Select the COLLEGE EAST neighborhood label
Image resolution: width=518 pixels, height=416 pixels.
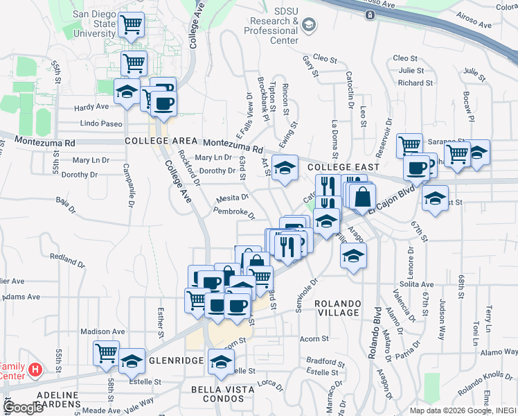343,167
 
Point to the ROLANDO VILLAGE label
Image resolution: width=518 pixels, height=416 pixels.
337,309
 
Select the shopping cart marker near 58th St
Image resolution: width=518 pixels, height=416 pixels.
107,352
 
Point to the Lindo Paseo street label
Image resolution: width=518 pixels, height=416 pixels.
101,123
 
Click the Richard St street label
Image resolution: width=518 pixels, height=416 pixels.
416,83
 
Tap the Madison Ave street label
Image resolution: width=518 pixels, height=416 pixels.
102,331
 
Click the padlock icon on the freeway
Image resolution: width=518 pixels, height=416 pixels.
370,14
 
